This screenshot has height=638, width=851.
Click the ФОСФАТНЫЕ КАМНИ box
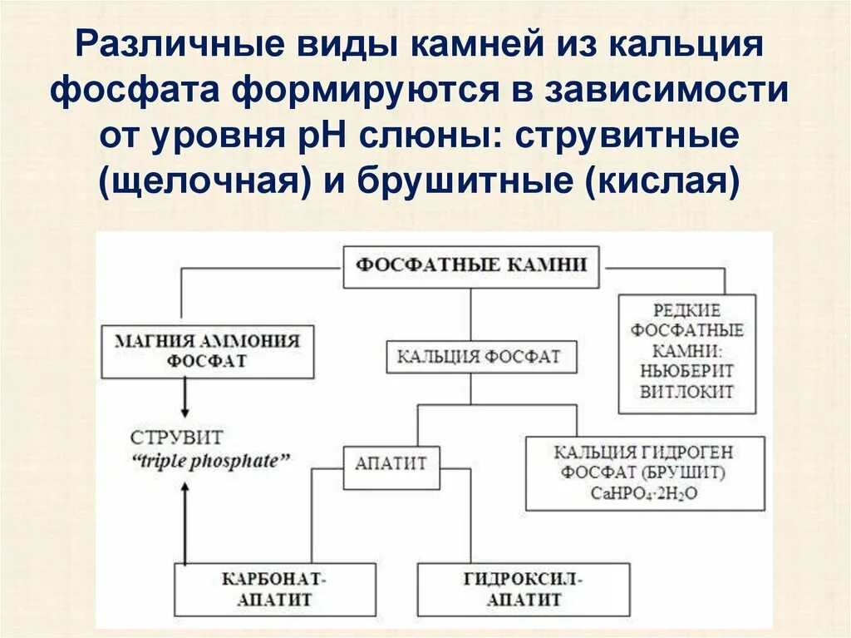coord(471,266)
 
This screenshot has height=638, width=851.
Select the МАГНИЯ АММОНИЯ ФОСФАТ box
coord(208,350)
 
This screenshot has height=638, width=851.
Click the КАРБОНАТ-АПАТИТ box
coord(274,588)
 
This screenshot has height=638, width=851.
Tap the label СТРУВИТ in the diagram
coord(176,437)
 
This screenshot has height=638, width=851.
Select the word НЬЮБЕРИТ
coord(686,371)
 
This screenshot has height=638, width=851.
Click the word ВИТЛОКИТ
coord(686,392)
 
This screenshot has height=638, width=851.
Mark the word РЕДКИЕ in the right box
coord(686,309)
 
